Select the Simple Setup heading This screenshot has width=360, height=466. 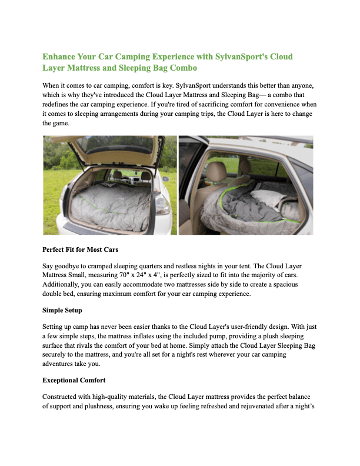click(63, 309)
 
